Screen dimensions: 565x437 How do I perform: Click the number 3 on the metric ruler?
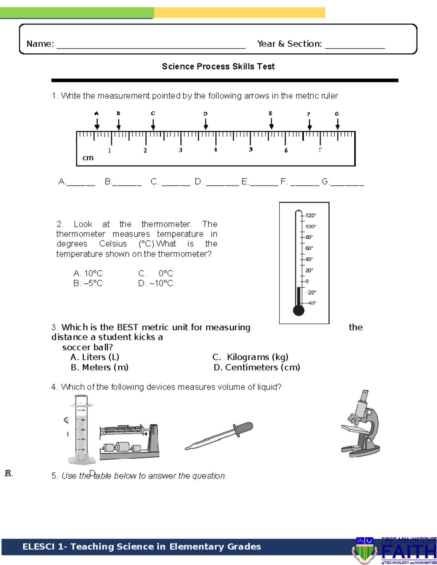click(x=181, y=150)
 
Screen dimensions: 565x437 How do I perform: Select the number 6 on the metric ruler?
click(x=286, y=150)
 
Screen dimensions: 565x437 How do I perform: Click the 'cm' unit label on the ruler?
click(x=88, y=158)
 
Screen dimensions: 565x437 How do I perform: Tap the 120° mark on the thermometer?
click(x=310, y=215)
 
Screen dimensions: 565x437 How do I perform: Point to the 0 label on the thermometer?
click(x=307, y=281)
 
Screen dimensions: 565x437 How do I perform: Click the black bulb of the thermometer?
click(x=299, y=310)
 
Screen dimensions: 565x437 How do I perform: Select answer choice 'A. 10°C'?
click(x=88, y=273)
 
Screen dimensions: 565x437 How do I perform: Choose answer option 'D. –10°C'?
click(x=155, y=283)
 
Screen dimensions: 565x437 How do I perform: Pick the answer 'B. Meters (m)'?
click(x=99, y=367)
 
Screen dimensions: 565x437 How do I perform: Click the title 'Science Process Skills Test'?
click(x=218, y=67)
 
